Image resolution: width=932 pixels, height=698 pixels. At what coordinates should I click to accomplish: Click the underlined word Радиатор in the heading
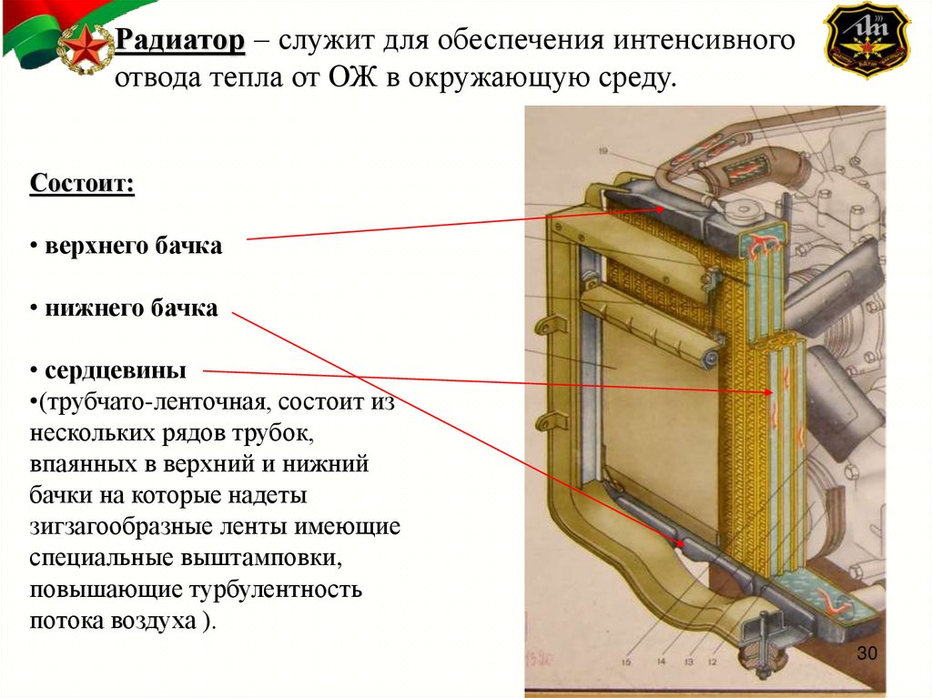(x=180, y=42)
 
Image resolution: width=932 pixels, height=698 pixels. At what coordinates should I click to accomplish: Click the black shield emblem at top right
(x=866, y=41)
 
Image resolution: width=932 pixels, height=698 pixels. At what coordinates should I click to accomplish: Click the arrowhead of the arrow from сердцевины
(x=772, y=392)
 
